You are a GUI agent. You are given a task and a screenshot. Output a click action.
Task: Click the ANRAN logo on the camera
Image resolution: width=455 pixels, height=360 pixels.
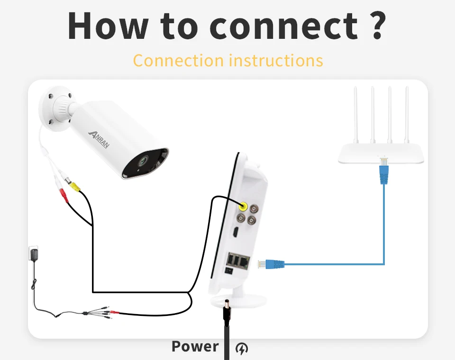99,139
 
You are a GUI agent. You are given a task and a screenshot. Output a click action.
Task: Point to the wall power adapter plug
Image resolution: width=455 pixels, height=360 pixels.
33,256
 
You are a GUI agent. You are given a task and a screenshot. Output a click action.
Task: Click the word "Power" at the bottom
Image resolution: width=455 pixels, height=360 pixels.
195,347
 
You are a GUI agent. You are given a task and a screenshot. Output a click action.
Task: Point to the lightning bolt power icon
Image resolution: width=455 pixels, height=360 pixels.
242,349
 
